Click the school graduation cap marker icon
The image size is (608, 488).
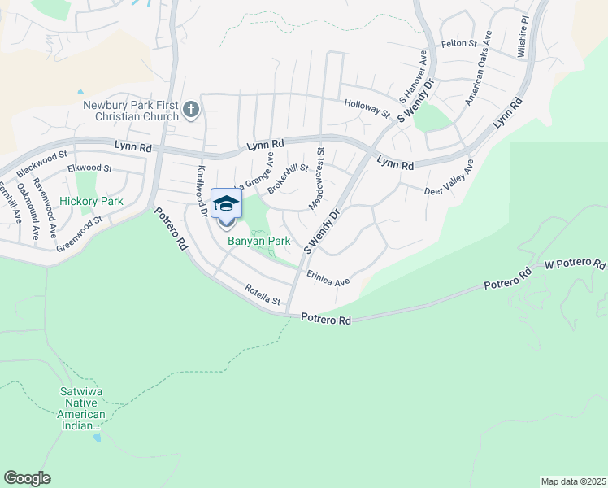[226, 203]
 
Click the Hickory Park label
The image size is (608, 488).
[90, 200]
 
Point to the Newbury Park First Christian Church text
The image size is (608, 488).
[130, 110]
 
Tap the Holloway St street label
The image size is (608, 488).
[367, 108]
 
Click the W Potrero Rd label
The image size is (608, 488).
[575, 265]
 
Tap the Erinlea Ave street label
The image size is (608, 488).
[328, 279]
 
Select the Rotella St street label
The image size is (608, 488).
[263, 295]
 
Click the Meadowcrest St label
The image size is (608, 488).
[316, 176]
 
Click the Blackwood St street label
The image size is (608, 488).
[41, 164]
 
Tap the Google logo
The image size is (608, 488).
[27, 478]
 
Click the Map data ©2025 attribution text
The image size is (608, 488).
[573, 481]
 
